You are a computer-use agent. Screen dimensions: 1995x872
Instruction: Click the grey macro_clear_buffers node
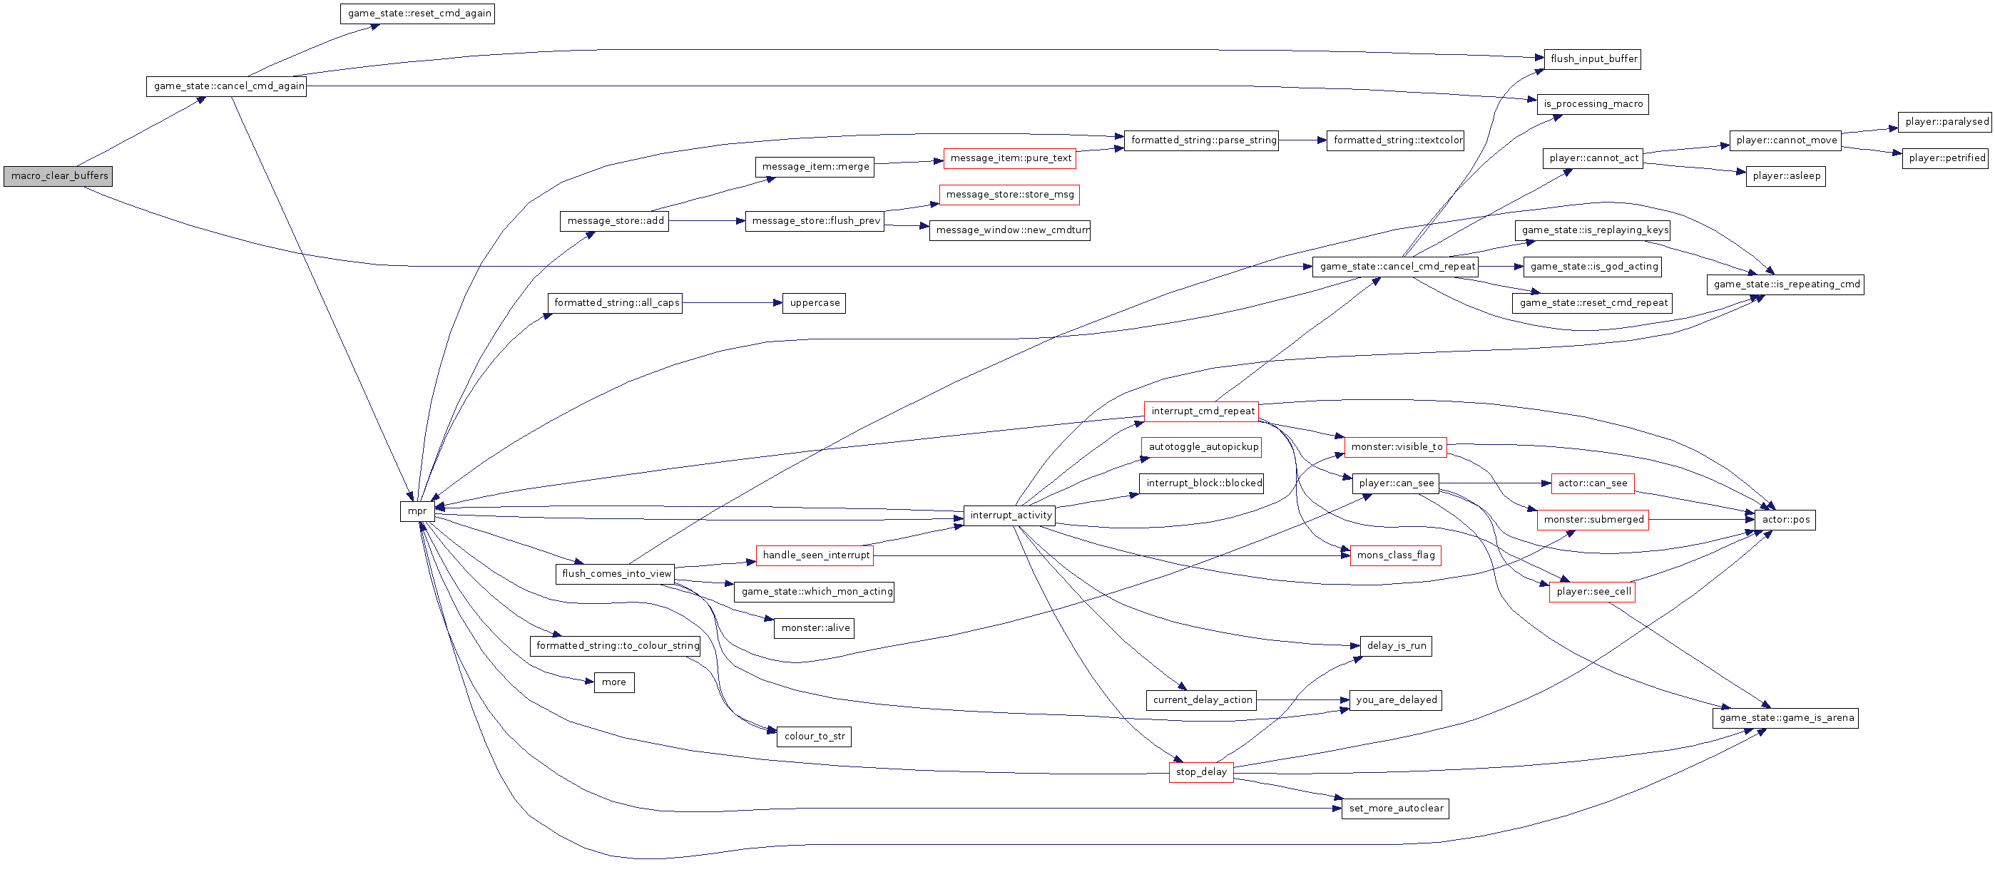point(58,176)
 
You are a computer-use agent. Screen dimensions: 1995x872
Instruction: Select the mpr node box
point(417,511)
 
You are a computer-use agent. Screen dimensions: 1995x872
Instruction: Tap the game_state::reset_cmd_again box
point(417,13)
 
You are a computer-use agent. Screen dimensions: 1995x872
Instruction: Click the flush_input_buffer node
point(1593,59)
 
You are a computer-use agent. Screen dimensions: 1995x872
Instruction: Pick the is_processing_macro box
point(1592,104)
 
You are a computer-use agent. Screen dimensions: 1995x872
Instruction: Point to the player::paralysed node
point(1946,122)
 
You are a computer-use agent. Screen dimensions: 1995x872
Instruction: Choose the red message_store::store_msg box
point(1009,195)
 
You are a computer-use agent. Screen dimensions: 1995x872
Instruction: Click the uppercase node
point(814,303)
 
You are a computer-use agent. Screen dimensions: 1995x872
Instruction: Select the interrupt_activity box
point(1010,515)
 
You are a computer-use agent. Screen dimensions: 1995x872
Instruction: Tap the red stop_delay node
point(1201,772)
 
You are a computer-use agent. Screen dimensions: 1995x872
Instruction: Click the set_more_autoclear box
point(1396,809)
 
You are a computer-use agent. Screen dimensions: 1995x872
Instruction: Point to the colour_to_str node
point(814,737)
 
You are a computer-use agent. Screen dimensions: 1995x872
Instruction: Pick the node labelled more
point(614,682)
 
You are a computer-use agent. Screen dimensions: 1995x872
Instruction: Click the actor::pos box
point(1785,520)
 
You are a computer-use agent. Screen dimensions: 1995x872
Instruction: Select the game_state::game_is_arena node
point(1785,718)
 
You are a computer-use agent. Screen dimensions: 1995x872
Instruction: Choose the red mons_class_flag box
point(1396,555)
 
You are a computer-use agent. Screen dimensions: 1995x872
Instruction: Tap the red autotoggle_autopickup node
point(1202,447)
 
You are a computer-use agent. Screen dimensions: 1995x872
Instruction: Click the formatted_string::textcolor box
point(1396,140)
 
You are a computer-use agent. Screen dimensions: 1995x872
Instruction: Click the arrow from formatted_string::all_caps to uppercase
point(733,303)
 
